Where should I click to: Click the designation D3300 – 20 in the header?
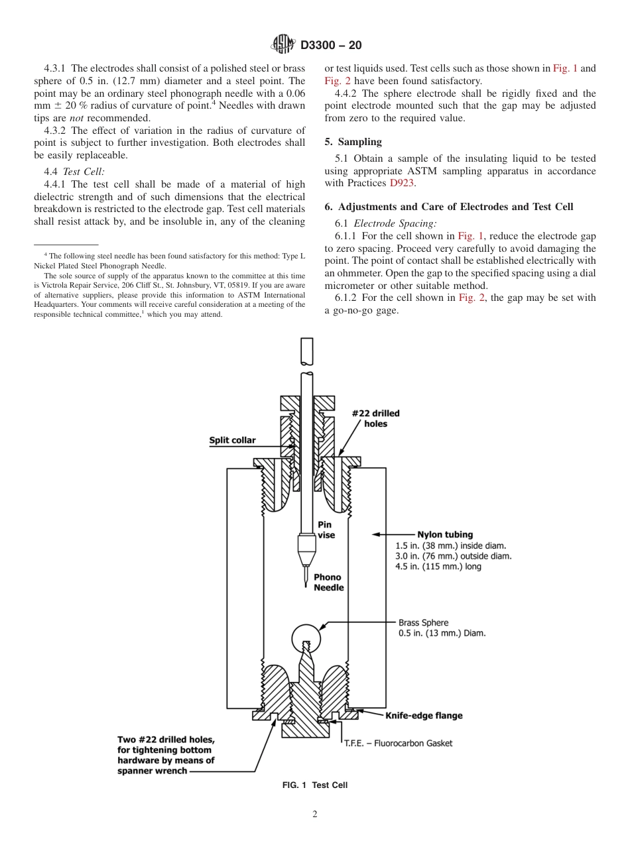click(x=331, y=46)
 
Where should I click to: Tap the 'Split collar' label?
click(x=232, y=440)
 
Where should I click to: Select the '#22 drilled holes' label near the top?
click(x=375, y=418)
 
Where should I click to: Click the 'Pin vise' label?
click(x=326, y=530)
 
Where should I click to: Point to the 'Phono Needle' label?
click(x=328, y=583)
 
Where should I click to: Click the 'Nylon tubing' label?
click(x=444, y=534)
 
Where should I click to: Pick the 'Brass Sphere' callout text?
click(x=423, y=622)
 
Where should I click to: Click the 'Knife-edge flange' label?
click(x=424, y=715)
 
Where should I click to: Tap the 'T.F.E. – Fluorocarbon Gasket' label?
click(x=397, y=743)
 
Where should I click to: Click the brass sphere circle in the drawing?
click(x=306, y=636)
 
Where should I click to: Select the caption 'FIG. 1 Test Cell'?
click(x=314, y=785)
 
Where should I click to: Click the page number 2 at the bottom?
click(x=315, y=815)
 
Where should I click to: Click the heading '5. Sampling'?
click(x=353, y=142)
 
